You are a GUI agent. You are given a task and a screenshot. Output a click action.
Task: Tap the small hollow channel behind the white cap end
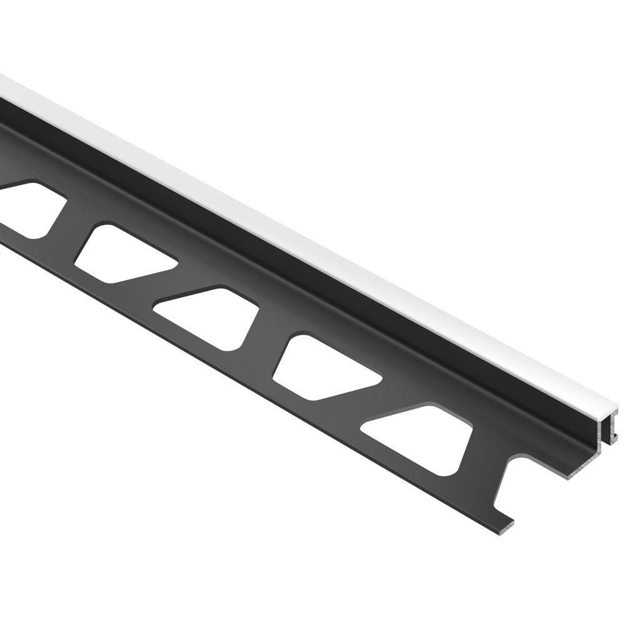tap(615, 431)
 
